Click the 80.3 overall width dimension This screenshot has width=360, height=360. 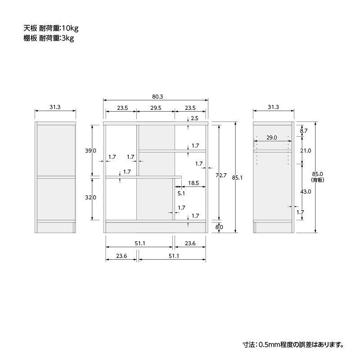pos(157,97)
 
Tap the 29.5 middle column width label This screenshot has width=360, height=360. pos(156,108)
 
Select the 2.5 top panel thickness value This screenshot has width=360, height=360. pos(194,118)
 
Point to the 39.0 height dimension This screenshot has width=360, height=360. pos(91,151)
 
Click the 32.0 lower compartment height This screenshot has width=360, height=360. pos(91,198)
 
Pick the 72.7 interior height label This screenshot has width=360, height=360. pos(221,175)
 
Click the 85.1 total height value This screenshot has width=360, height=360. pos(237,178)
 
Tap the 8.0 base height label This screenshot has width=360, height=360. pos(219,227)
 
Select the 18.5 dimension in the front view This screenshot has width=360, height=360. pos(193,183)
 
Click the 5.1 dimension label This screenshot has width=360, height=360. pos(181,193)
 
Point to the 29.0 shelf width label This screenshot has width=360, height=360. pos(272,138)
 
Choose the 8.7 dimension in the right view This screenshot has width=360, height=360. pos(303,131)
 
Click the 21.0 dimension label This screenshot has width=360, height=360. pos(306,151)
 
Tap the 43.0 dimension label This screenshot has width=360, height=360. pos(306,192)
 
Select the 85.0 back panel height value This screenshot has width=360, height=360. pos(318,174)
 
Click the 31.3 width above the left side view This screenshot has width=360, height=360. pos(55,107)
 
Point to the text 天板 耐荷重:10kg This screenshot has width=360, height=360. pos(51,28)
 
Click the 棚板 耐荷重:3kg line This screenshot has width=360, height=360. pos(49,38)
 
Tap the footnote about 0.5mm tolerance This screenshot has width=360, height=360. pos(293,345)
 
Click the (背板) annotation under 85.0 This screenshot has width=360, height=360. pos(318,180)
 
